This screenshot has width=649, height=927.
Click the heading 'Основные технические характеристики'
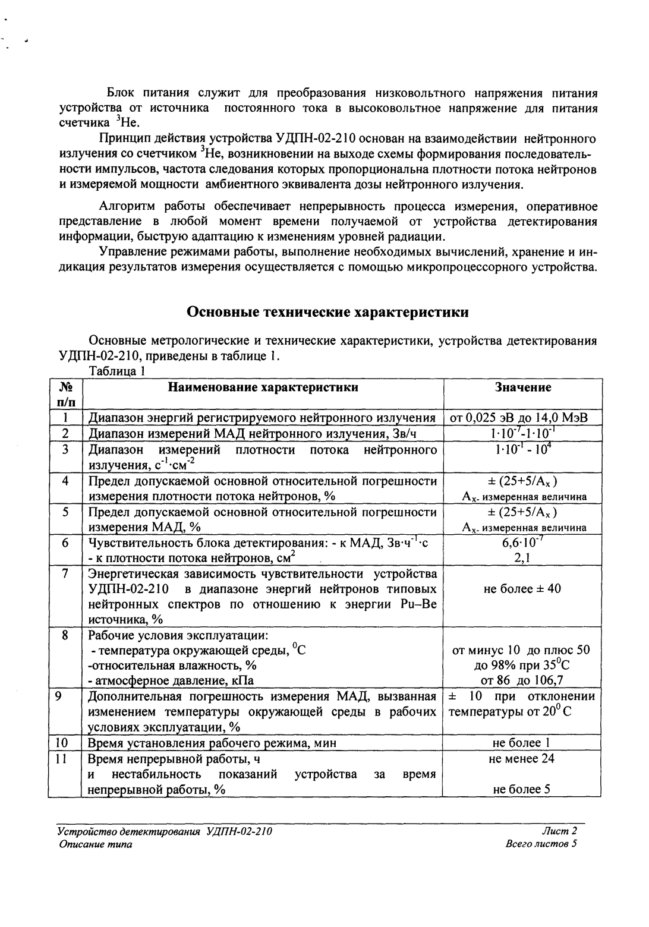(327, 312)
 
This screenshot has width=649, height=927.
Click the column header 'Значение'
(522, 387)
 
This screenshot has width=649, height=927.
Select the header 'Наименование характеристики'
(263, 387)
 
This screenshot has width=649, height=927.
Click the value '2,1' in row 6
(522, 557)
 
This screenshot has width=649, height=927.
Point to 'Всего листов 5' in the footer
(541, 844)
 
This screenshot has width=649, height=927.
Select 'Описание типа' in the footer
(94, 844)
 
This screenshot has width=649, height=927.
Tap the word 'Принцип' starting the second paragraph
(122, 139)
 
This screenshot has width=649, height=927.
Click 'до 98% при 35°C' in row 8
(522, 665)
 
